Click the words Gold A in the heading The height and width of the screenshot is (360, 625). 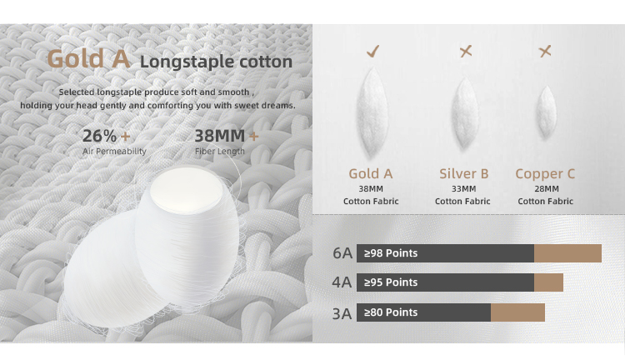click(88, 59)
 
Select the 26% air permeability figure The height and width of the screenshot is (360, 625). click(100, 136)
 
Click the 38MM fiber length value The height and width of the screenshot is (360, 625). click(220, 136)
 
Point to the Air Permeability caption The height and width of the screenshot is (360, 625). click(114, 152)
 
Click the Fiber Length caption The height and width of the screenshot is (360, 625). click(220, 151)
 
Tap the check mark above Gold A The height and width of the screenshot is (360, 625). click(373, 51)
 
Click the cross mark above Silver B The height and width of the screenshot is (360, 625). click(466, 51)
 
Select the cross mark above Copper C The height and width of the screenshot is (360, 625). click(545, 51)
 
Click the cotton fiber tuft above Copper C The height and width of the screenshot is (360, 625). click(545, 112)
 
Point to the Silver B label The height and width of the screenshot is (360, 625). click(463, 174)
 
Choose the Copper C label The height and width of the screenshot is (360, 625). click(545, 174)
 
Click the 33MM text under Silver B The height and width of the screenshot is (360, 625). click(463, 188)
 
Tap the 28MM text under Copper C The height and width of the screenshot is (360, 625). click(547, 188)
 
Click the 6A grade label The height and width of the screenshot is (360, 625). click(342, 253)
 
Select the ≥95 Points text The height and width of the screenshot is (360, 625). click(391, 282)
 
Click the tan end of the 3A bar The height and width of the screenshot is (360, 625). click(517, 312)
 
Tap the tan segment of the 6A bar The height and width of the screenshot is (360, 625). click(567, 253)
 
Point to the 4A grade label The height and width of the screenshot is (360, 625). click(342, 282)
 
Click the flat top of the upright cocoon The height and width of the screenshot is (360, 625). click(187, 190)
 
